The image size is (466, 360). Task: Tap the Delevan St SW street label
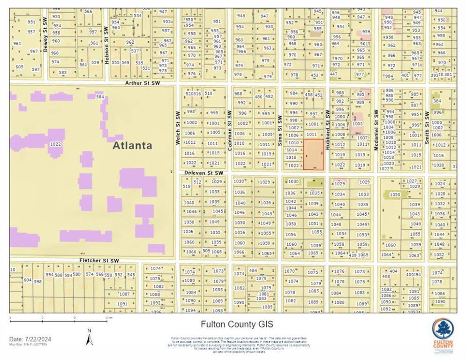tap(203, 173)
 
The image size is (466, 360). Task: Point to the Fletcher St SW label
tap(99, 261)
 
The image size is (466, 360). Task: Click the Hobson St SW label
tap(107, 45)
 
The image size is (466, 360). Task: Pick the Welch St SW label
tap(178, 127)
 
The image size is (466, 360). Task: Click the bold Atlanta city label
tap(133, 145)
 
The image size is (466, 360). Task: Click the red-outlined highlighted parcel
tap(313, 154)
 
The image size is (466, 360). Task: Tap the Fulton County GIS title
tap(237, 324)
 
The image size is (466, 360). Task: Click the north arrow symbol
tap(89, 337)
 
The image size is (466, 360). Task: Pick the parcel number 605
tap(19, 67)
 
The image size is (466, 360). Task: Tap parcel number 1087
tap(124, 294)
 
